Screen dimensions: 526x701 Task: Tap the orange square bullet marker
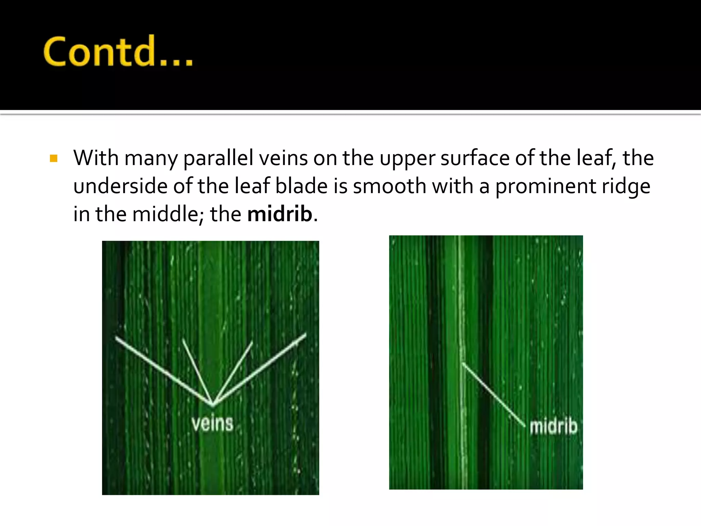pyautogui.click(x=54, y=158)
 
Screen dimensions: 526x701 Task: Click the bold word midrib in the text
pyautogui.click(x=280, y=214)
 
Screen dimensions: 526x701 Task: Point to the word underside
pyautogui.click(x=120, y=186)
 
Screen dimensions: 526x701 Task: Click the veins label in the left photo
pyautogui.click(x=213, y=424)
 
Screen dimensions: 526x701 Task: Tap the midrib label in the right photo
pyautogui.click(x=553, y=427)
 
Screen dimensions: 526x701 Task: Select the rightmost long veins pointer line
pyautogui.click(x=260, y=368)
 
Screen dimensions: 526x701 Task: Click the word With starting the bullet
pyautogui.click(x=96, y=158)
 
